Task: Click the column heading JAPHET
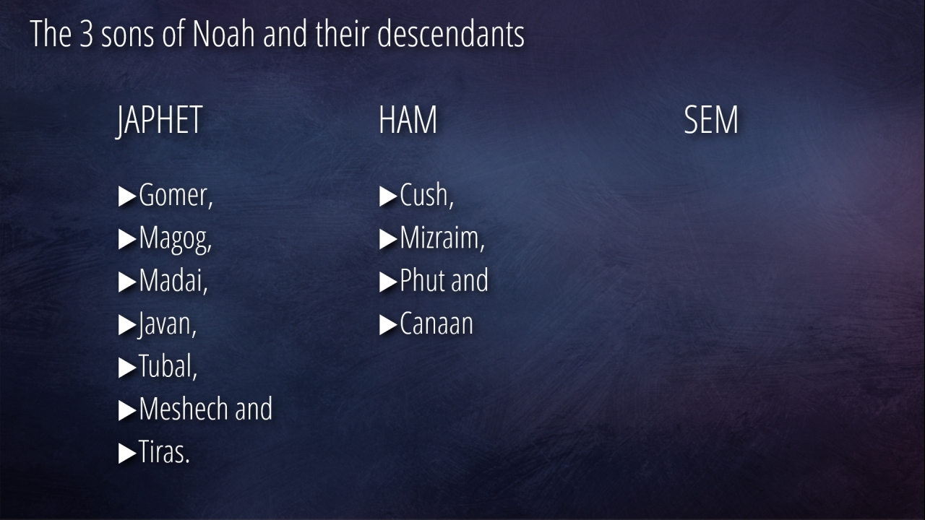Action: tap(159, 121)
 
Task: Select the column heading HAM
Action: tap(408, 120)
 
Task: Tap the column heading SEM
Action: tap(710, 120)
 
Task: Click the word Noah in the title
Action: tap(223, 34)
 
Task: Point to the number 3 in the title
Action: tap(86, 35)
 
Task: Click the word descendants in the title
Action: tap(450, 34)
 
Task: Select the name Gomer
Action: tap(173, 196)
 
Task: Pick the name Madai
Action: tap(171, 281)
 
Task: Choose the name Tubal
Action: tap(165, 366)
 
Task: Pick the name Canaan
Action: tap(436, 324)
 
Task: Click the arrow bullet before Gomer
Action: tap(127, 196)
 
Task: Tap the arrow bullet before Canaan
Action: tap(388, 325)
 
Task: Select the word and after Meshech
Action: tap(254, 409)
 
